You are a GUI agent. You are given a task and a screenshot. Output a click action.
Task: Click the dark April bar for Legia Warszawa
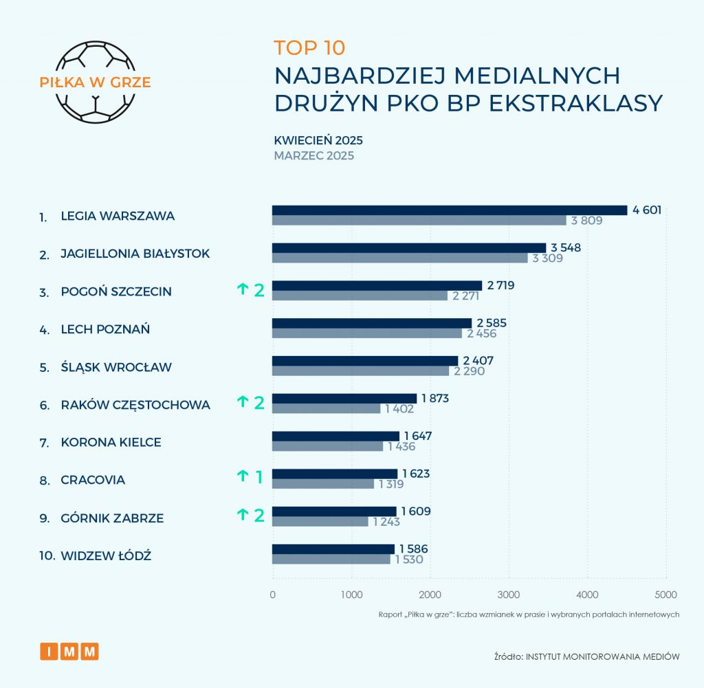pos(450,210)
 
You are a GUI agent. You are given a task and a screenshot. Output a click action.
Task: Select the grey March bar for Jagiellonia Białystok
pos(399,258)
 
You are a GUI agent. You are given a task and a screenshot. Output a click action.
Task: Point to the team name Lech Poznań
pos(105,329)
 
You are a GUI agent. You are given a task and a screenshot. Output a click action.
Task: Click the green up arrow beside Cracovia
pos(242,476)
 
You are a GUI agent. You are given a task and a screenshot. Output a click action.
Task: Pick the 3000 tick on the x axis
pos(509,594)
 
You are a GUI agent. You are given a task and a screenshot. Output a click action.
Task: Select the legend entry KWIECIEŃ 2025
pos(318,140)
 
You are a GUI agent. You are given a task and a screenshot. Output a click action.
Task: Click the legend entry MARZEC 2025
pos(313,155)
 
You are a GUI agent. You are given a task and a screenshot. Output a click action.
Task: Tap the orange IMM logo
pos(69,651)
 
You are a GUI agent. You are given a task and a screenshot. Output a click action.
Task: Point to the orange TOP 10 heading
pos(309,47)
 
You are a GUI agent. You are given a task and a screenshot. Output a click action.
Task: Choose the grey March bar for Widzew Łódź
pos(331,559)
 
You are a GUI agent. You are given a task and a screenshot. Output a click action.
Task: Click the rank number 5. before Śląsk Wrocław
pos(44,367)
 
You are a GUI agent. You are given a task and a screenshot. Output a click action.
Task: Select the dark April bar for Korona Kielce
pos(335,436)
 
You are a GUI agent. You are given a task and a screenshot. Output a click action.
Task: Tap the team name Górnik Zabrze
pos(112,518)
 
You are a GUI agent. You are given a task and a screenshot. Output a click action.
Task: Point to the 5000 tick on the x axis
pos(665,594)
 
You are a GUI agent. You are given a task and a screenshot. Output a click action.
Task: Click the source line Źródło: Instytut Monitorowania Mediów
pos(586,656)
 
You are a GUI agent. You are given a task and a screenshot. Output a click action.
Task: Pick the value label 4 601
pos(647,210)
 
